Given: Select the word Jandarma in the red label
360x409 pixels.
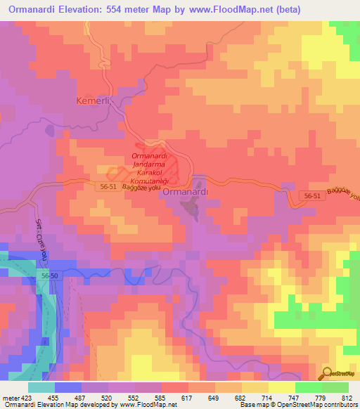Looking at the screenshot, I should tap(148, 163).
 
